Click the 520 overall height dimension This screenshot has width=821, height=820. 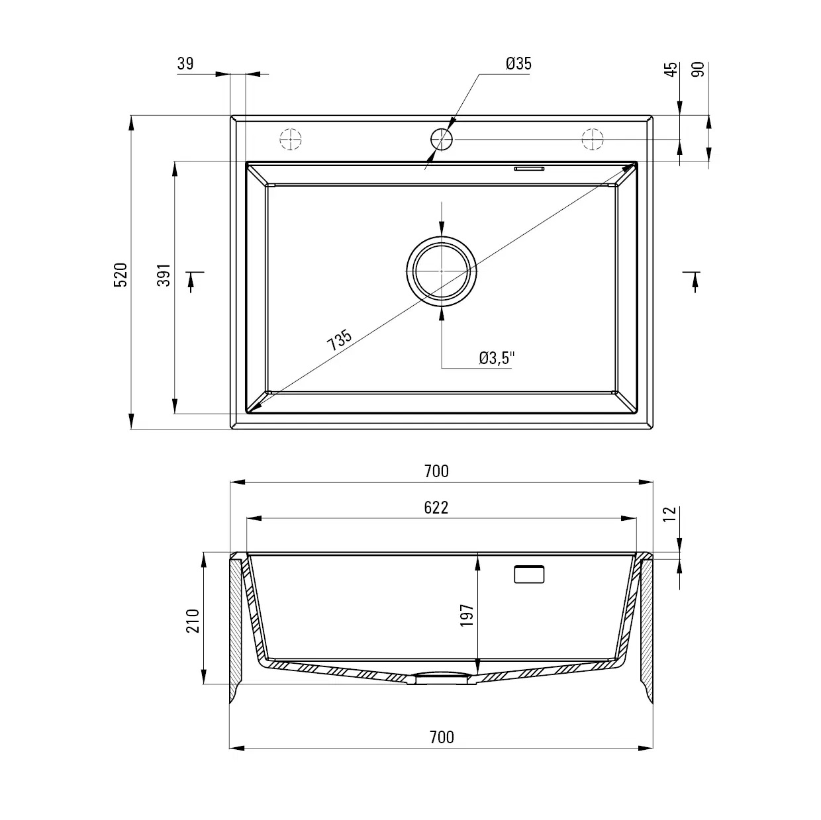[121, 275]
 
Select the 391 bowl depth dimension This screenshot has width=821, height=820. [164, 275]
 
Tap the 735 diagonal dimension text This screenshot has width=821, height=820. [339, 340]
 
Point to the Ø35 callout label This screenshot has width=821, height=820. [518, 64]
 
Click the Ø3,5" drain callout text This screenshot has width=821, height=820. [497, 358]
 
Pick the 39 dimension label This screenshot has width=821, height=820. [185, 64]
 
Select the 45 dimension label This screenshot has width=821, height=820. [671, 69]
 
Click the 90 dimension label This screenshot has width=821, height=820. [698, 69]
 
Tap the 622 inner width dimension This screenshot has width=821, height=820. [436, 508]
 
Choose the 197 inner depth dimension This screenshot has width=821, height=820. [467, 615]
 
